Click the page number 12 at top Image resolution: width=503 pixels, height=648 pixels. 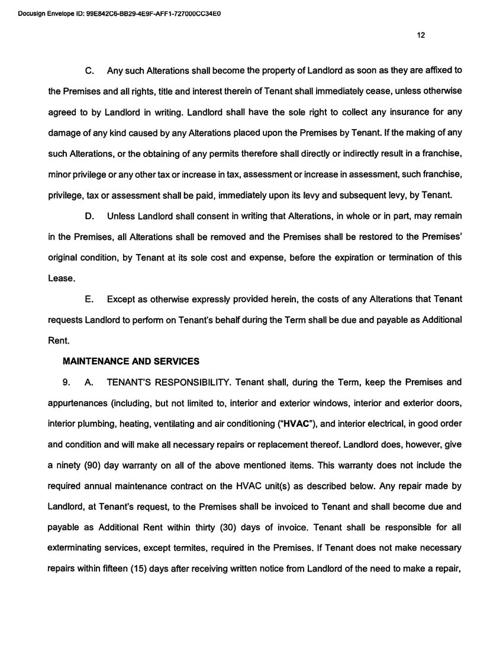click(x=421, y=35)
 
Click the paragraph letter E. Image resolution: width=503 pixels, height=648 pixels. click(x=91, y=299)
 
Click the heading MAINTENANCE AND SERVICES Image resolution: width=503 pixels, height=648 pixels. click(x=131, y=361)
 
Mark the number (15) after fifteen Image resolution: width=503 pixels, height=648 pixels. click(x=123, y=569)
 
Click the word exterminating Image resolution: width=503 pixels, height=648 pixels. click(x=76, y=548)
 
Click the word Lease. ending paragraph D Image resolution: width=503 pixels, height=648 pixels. click(x=62, y=278)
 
